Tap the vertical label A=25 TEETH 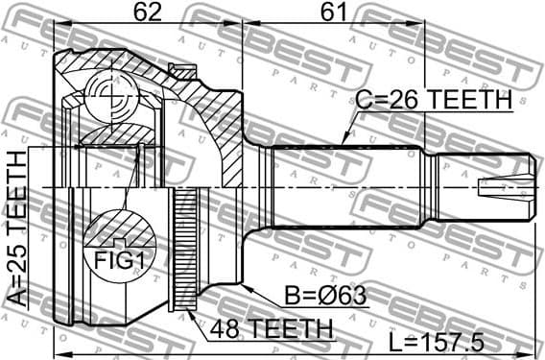tap(16, 228)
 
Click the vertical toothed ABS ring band tap(187, 250)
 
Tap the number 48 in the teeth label tap(217, 328)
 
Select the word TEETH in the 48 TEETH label tap(285, 328)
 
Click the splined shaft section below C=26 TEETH tap(345, 187)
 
